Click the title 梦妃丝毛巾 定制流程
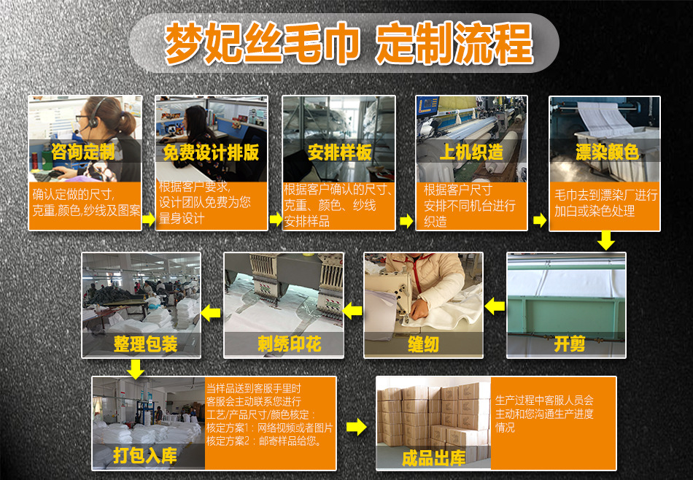pos(348,43)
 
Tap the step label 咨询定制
pos(83,152)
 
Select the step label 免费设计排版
pos(211,152)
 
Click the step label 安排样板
pos(339,152)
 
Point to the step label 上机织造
pos(471,152)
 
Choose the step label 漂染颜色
pos(606,152)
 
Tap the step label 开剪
pos(570,344)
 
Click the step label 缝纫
pos(423,344)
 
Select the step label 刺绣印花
pos(289,344)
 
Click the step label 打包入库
pos(145,456)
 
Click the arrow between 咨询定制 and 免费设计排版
pos(148,219)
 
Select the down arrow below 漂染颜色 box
pos(605,241)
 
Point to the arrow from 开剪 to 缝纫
pos(495,306)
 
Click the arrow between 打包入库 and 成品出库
pos(356,427)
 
